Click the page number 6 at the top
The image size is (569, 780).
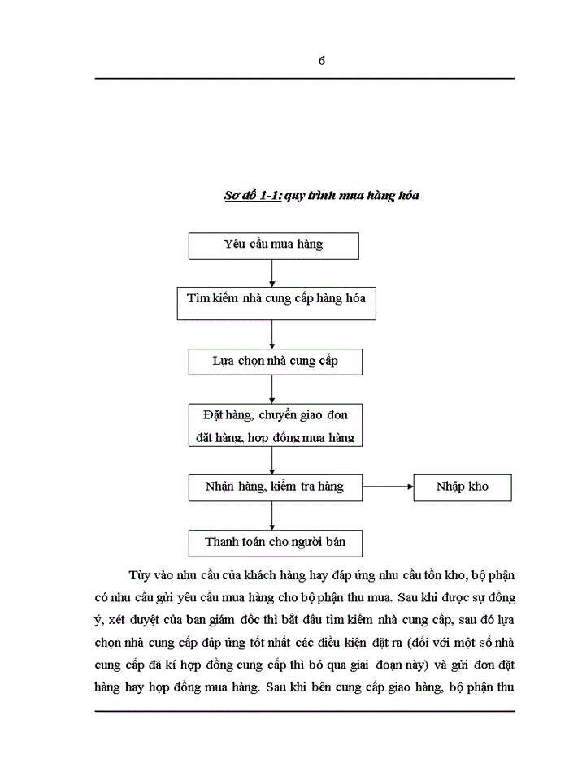click(x=322, y=61)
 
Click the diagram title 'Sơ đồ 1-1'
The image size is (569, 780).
click(x=252, y=195)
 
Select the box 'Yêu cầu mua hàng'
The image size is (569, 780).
click(x=273, y=245)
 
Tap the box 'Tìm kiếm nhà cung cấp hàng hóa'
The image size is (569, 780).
click(x=276, y=299)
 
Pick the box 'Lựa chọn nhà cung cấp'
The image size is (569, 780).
click(x=275, y=361)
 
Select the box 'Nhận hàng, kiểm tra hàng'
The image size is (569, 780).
click(x=275, y=487)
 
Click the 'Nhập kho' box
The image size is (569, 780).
click(x=462, y=487)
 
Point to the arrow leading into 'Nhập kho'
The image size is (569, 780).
click(x=389, y=487)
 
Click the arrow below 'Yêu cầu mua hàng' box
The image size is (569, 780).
click(x=272, y=271)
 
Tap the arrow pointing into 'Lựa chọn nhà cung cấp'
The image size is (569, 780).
click(x=272, y=333)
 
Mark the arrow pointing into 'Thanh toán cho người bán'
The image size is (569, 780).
click(x=272, y=515)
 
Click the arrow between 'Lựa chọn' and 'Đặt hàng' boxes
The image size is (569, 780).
click(x=272, y=389)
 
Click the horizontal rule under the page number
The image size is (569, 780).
click(x=305, y=78)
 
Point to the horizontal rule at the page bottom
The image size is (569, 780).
click(x=305, y=711)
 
